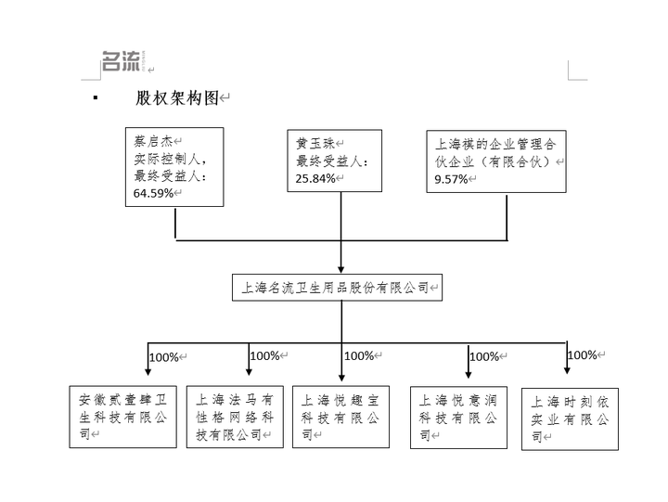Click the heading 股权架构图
point(177,98)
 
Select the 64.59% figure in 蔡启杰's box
point(153,193)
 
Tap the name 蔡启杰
point(153,141)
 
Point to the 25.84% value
point(315,178)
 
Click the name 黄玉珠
point(315,144)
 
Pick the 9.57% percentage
point(451,179)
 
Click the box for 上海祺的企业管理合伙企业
point(496,161)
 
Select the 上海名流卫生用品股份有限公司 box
point(337,288)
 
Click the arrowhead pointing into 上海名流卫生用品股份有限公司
point(340,270)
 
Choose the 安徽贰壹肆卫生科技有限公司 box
point(123,417)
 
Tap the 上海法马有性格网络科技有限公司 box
point(235,417)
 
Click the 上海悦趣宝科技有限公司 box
point(340,417)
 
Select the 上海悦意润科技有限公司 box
point(458,418)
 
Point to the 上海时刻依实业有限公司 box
point(570,418)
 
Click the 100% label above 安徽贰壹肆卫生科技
point(164,357)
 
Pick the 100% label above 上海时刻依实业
point(583,355)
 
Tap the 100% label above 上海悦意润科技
point(484,356)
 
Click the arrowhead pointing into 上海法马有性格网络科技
point(249,372)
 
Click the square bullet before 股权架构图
point(96,98)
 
